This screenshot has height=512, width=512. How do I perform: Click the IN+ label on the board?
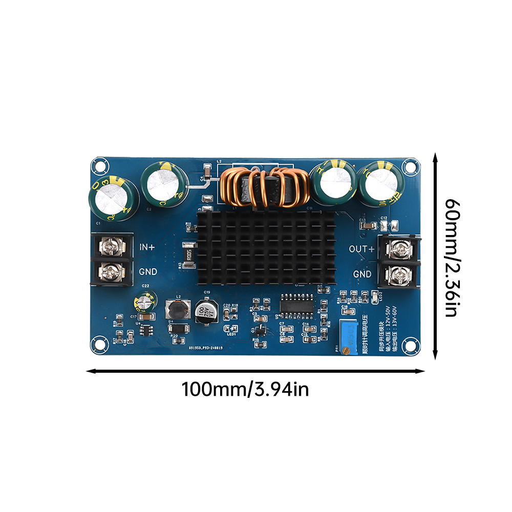[148, 247]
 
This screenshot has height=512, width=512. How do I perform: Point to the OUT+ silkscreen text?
[362, 249]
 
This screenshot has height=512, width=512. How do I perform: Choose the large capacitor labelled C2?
[162, 185]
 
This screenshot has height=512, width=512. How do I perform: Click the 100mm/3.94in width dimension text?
[245, 390]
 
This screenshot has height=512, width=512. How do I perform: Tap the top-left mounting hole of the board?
[100, 166]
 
